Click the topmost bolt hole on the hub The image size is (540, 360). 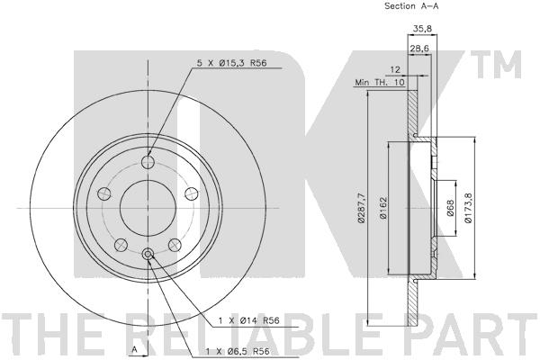coord(148,161)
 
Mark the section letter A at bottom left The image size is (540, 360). coord(134,347)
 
